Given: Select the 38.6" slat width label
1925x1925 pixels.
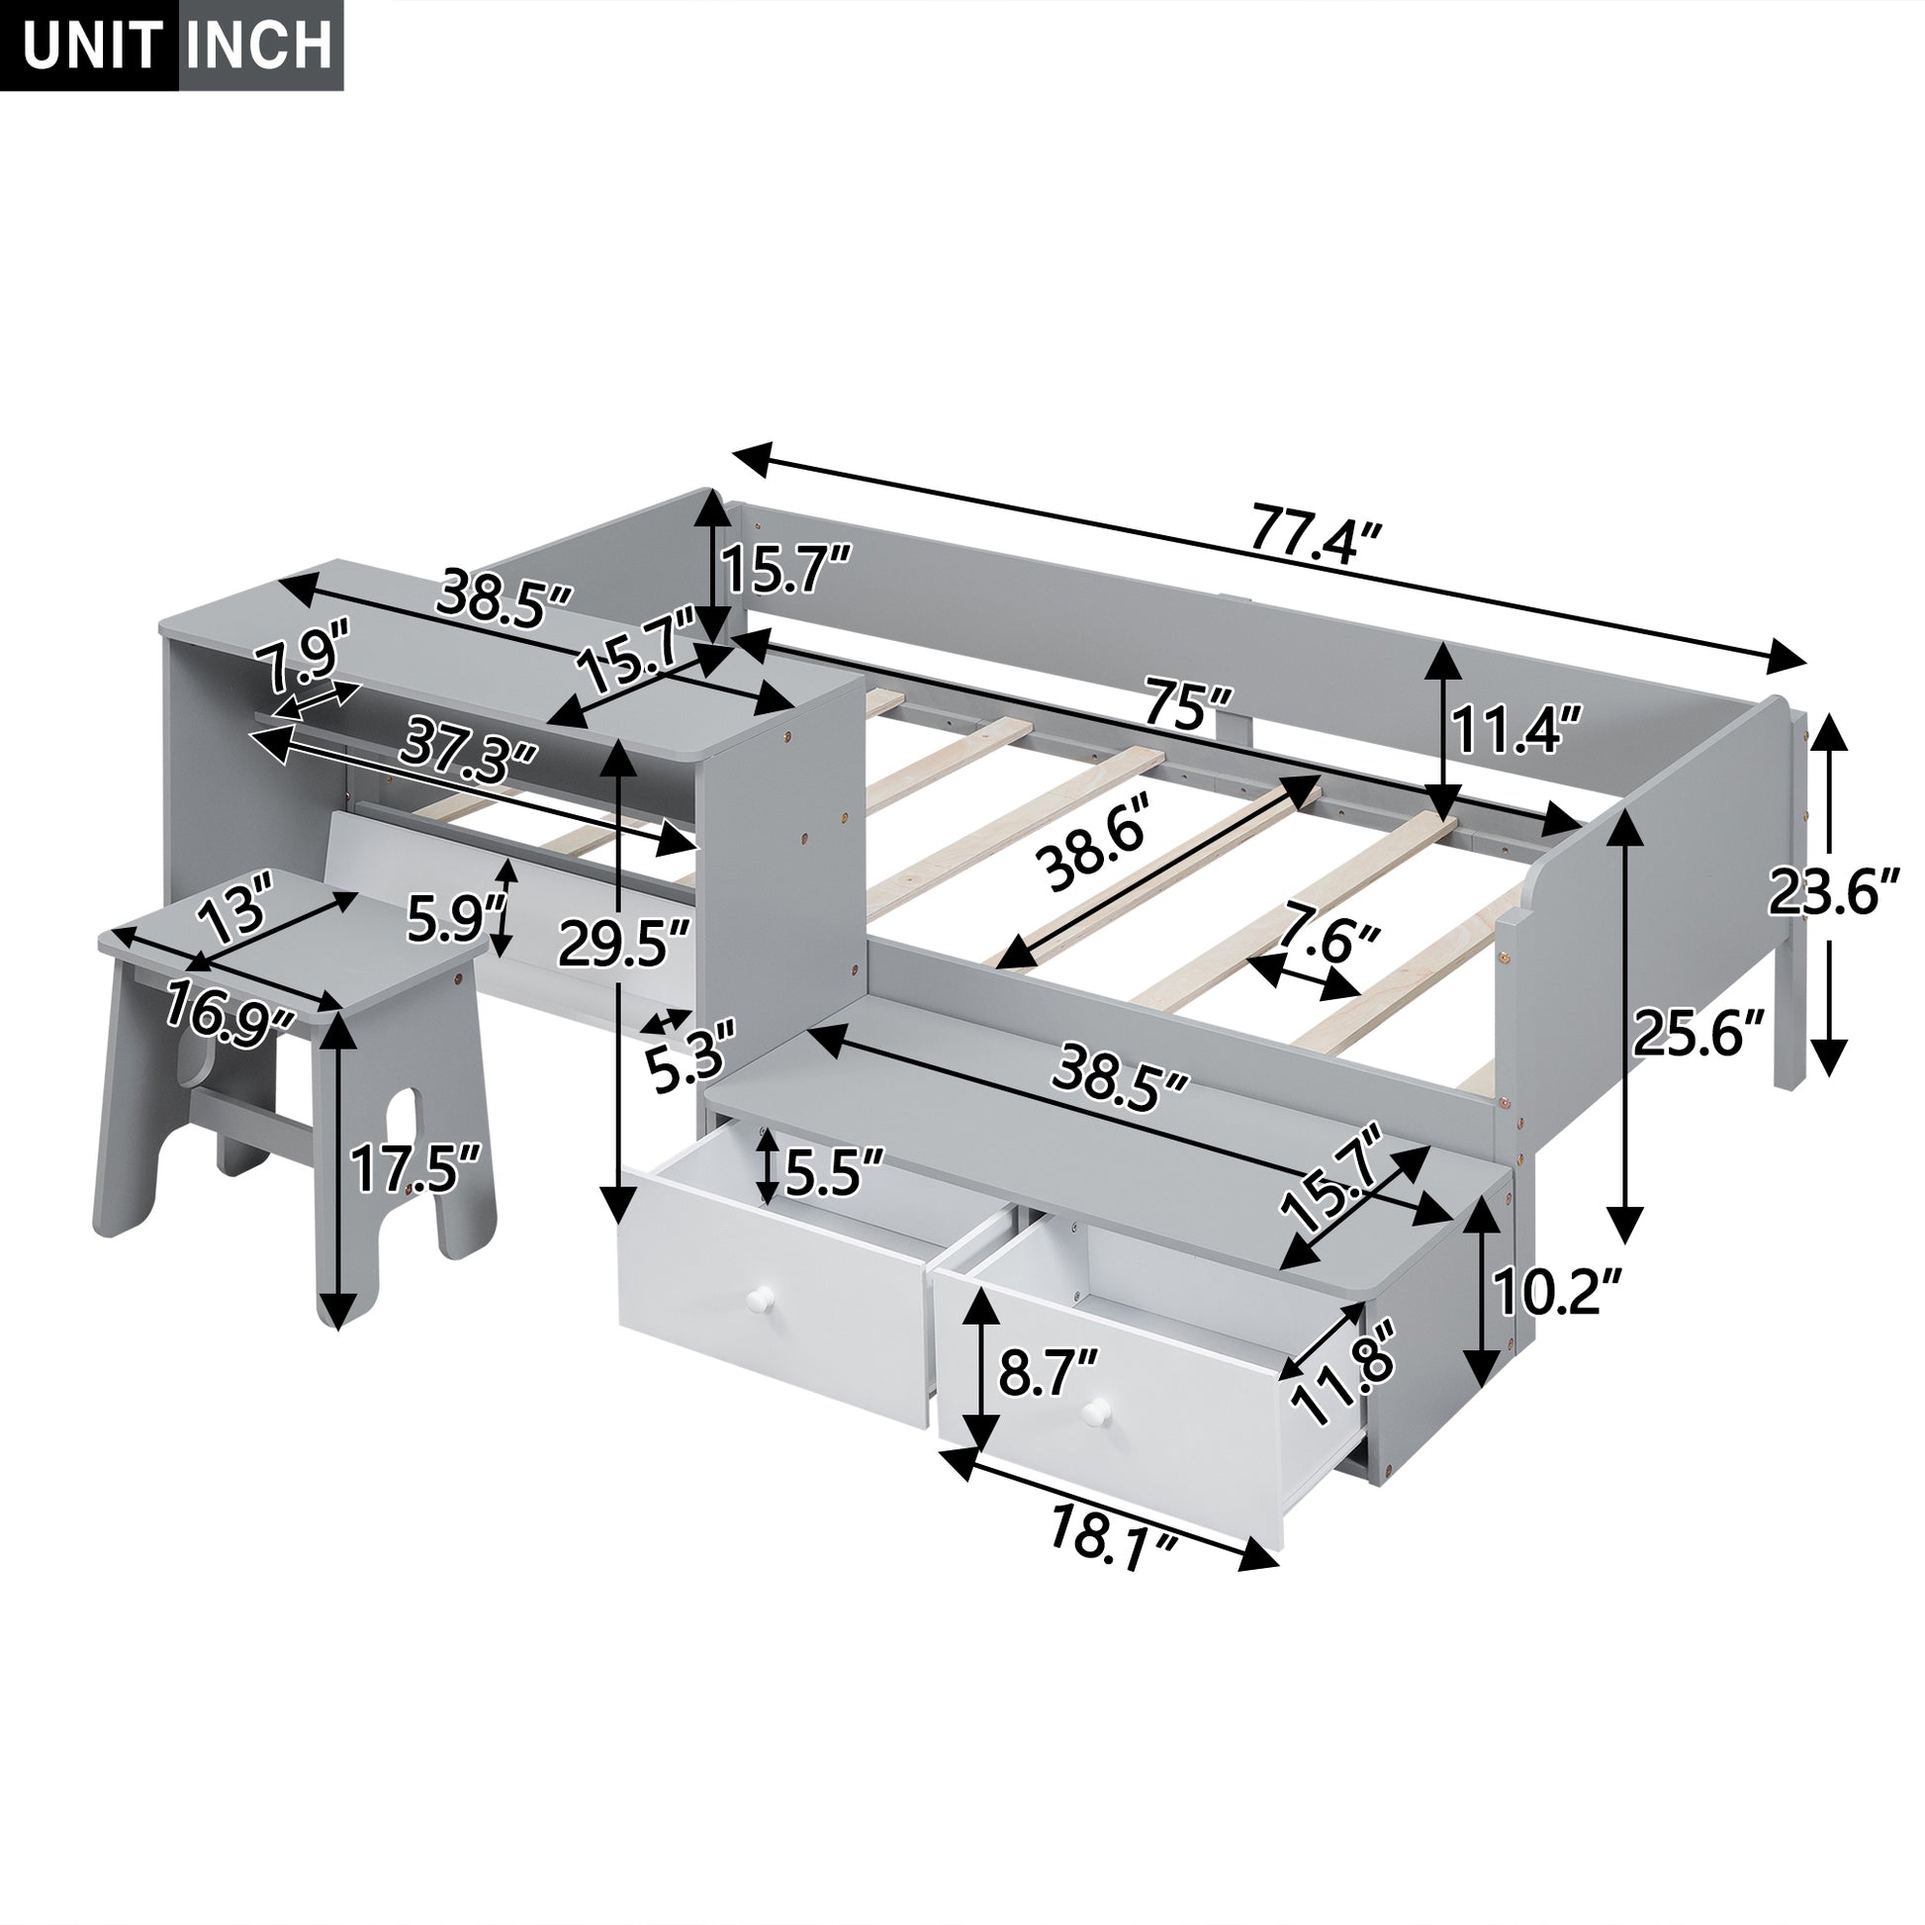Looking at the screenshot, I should click(1093, 852).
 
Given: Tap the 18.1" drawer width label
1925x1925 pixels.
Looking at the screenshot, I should click(1113, 1561).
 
